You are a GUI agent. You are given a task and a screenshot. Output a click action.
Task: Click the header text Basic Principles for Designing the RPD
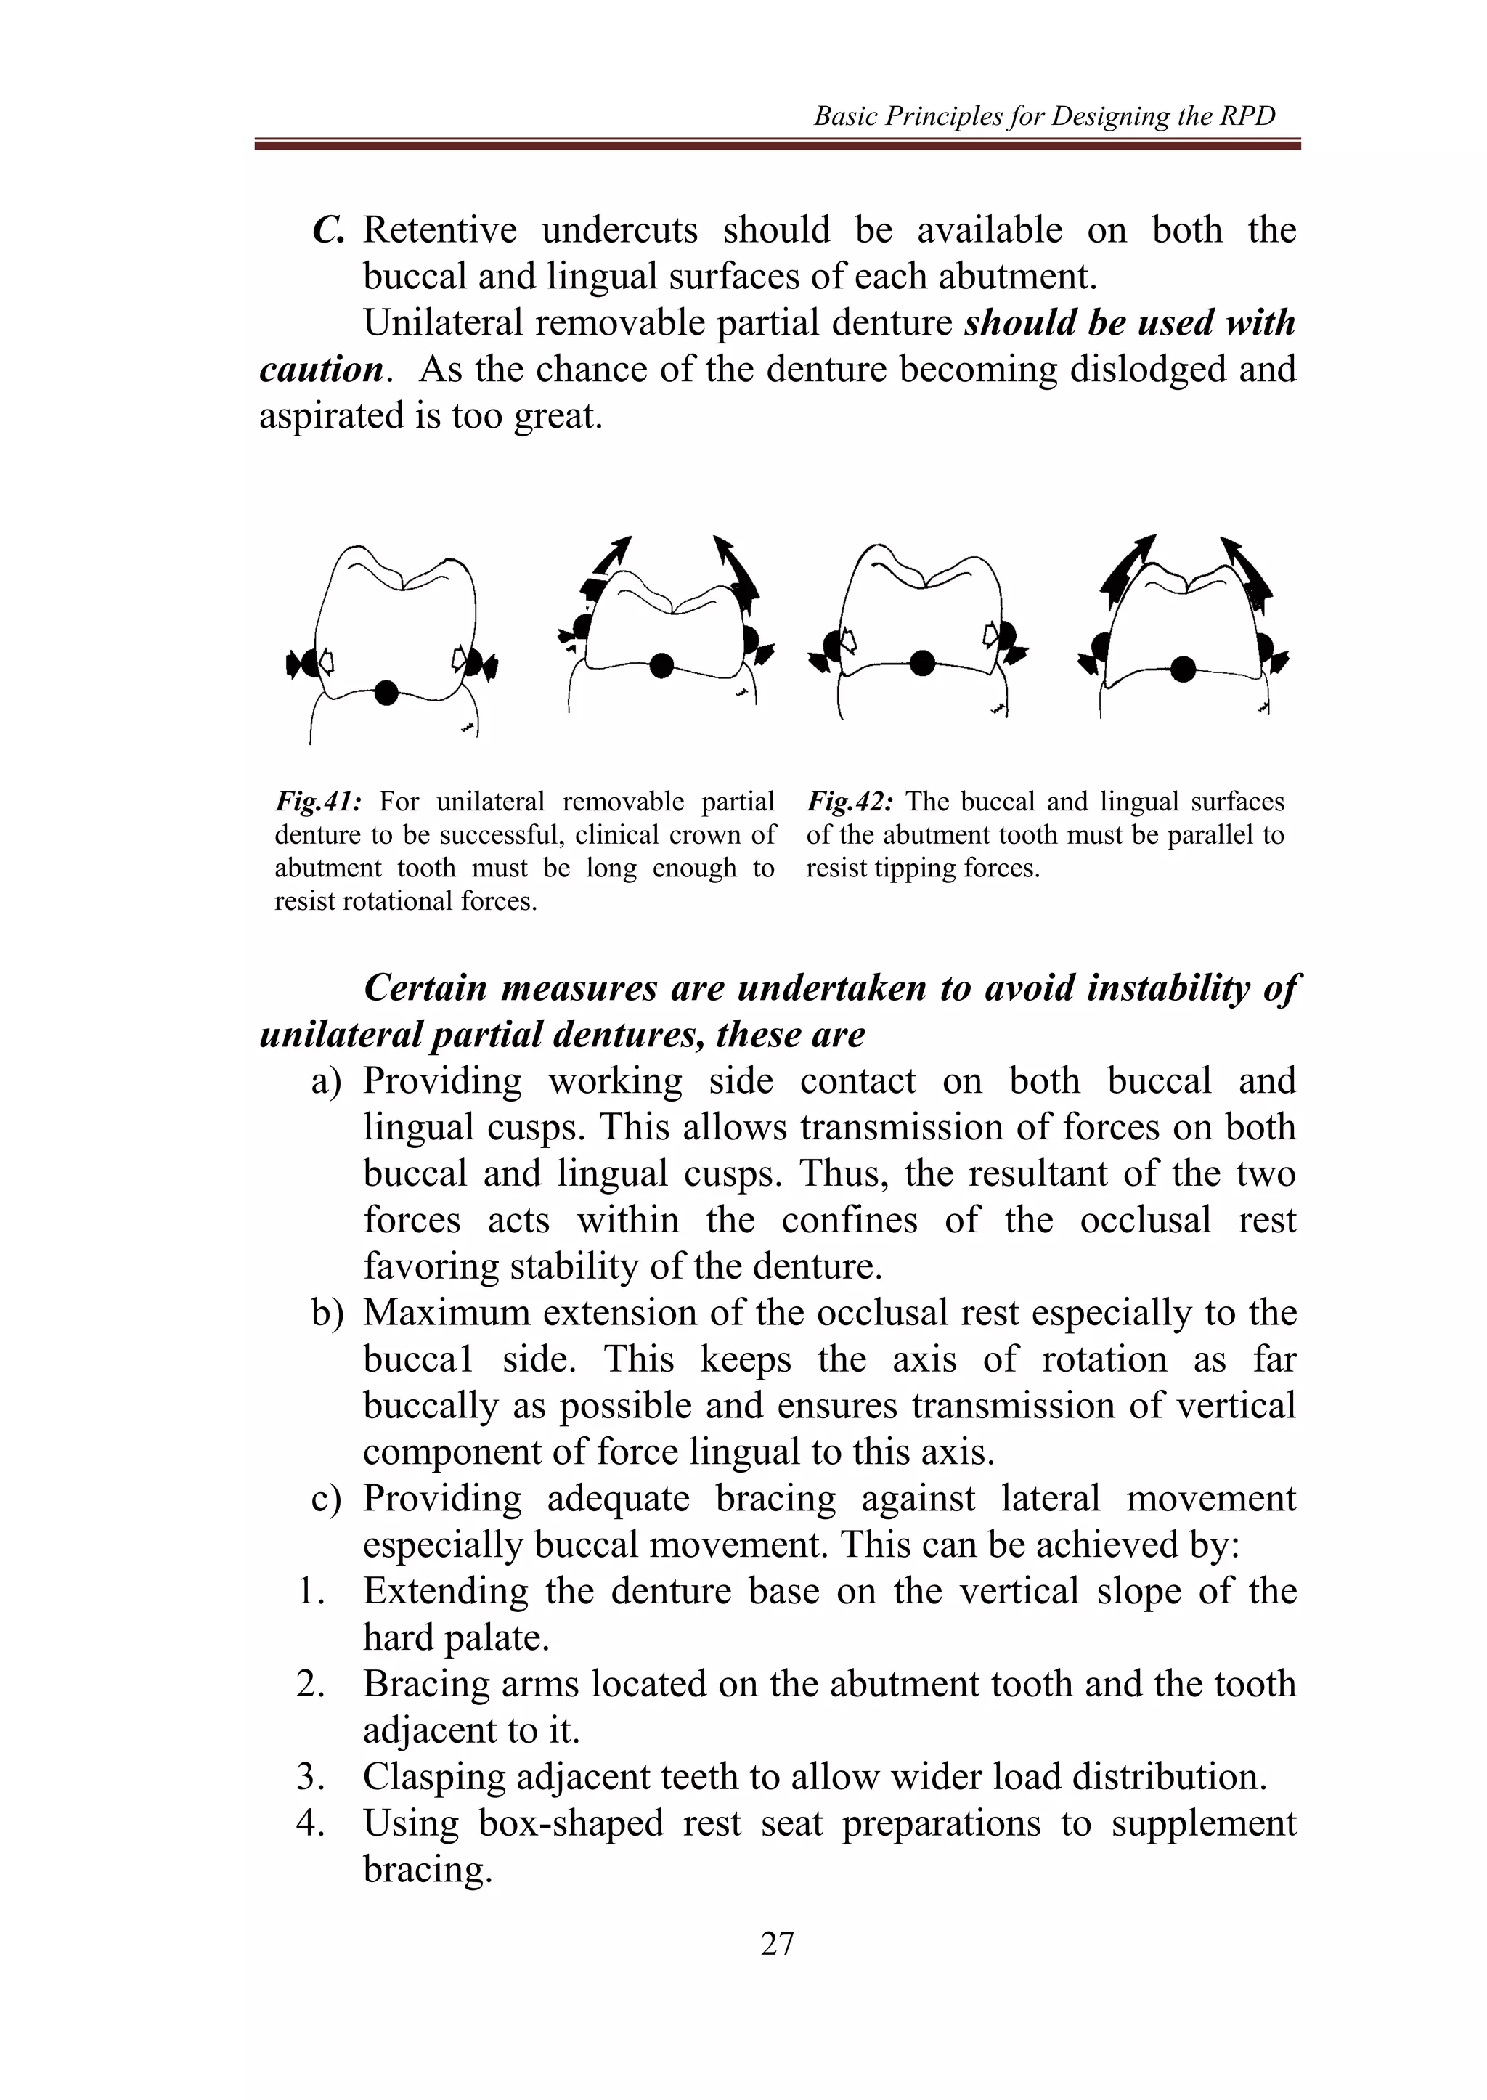pyautogui.click(x=1044, y=116)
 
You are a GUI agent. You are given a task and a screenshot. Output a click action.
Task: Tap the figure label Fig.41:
pyautogui.click(x=319, y=802)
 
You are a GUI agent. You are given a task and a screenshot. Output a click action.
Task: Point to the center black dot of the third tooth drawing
pyautogui.click(x=923, y=662)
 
